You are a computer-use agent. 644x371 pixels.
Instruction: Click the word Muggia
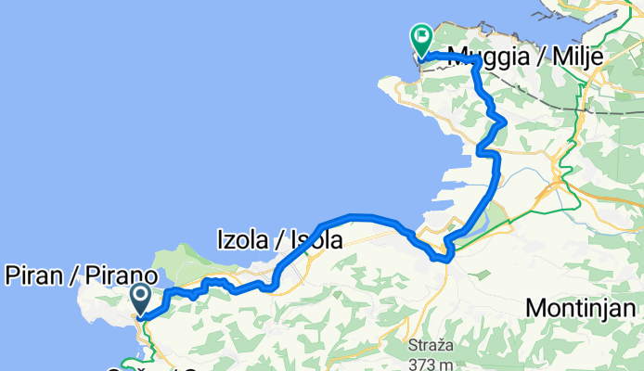[x=484, y=58]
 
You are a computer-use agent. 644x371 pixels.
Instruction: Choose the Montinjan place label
[x=584, y=307]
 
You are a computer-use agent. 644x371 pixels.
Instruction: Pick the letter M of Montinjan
[x=535, y=307]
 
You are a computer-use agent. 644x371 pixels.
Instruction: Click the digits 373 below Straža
[x=419, y=363]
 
